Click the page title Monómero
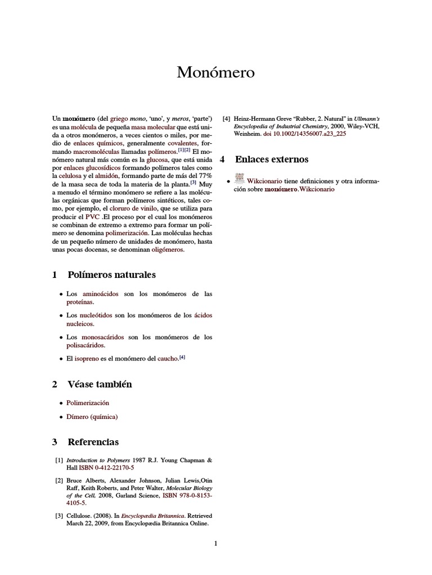pyautogui.click(x=216, y=72)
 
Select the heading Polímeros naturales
pyautogui.click(x=111, y=275)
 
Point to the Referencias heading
pyautogui.click(x=93, y=442)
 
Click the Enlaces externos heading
pyautogui.click(x=272, y=159)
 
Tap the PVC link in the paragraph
pyautogui.click(x=92, y=216)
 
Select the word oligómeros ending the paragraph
pyautogui.click(x=168, y=250)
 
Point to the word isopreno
pyautogui.click(x=87, y=358)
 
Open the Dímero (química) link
pyautogui.click(x=92, y=417)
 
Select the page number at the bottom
pyautogui.click(x=215, y=543)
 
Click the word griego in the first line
pyautogui.click(x=118, y=118)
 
